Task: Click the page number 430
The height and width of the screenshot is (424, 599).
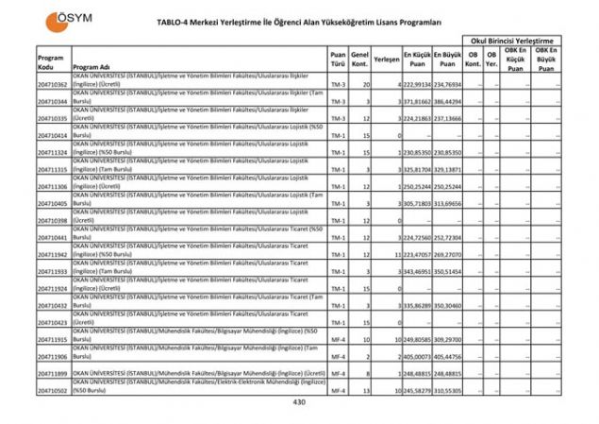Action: (300, 402)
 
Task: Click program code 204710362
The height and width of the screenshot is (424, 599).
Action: (52, 85)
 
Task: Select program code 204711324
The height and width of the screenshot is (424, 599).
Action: (52, 152)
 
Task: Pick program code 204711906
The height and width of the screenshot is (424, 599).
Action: (52, 356)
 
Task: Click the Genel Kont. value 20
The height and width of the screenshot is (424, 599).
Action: (365, 85)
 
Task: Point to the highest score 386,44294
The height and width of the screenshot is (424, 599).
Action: (449, 102)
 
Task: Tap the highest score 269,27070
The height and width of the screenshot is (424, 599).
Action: (449, 254)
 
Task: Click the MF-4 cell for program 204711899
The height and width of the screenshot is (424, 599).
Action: (339, 373)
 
